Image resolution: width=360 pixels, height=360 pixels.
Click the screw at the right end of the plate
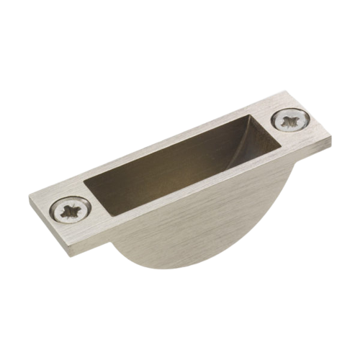click(x=291, y=120)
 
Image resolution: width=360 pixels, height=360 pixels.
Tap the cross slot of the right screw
click(x=291, y=120)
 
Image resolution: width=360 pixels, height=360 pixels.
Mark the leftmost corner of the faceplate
click(x=28, y=196)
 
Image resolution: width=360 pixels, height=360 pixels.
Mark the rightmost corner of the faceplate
click(x=333, y=138)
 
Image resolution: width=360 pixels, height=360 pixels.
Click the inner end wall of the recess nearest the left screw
click(x=97, y=194)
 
